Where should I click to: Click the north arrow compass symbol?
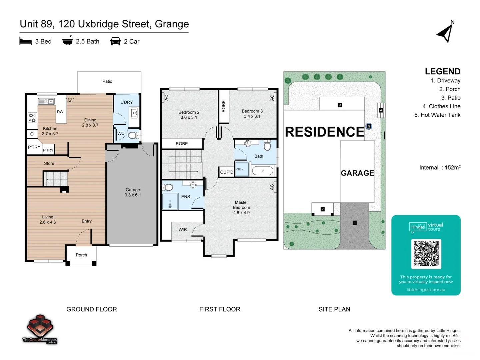445,33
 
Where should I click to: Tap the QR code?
426,254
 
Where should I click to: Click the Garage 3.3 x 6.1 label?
133,192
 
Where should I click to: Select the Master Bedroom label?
241,207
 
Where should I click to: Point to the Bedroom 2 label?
189,115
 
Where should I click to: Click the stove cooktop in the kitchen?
32,118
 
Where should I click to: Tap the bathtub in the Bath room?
263,171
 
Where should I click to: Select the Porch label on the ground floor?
81,255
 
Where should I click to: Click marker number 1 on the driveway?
355,223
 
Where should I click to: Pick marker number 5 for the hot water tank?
369,126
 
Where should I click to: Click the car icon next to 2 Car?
115,41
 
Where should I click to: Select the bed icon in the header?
26,41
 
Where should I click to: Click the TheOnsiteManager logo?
40,329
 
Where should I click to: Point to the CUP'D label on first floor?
227,172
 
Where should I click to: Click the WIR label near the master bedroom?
183,230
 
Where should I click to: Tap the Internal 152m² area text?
440,168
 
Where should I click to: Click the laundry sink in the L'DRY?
135,113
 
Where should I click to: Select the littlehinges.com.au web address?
426,290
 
